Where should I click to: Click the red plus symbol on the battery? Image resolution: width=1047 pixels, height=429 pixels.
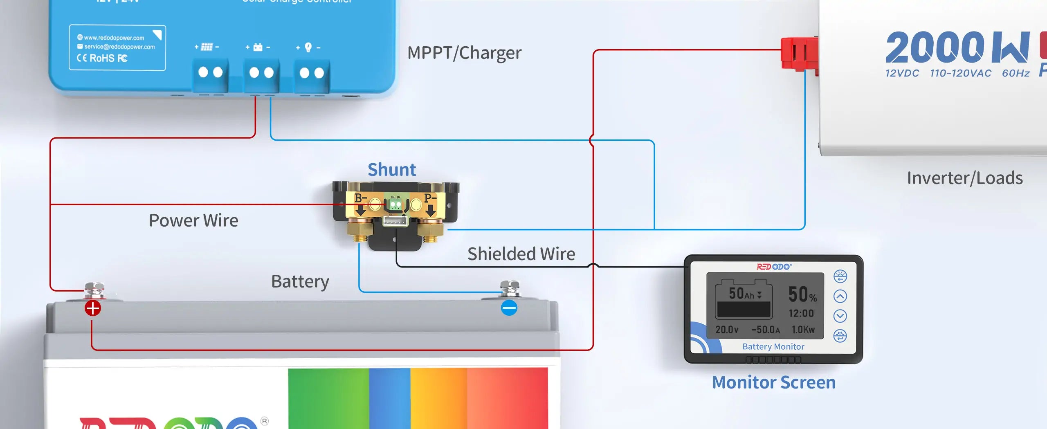click(93, 308)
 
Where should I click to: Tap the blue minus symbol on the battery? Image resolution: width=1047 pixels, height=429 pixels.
click(509, 308)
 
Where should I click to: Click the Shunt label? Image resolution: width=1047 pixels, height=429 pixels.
click(391, 170)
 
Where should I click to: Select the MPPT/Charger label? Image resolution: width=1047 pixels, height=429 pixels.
click(464, 53)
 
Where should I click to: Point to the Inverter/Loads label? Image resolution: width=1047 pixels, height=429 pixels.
click(965, 178)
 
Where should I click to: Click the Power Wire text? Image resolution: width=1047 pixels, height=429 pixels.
click(193, 221)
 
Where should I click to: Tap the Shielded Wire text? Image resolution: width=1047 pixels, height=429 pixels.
click(521, 254)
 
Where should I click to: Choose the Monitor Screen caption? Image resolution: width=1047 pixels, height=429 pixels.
click(773, 382)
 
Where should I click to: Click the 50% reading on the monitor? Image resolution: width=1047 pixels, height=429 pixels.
click(802, 294)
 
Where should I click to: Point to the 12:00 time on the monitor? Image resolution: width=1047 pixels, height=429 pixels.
click(801, 313)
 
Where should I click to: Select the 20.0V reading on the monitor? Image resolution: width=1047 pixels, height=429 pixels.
click(727, 330)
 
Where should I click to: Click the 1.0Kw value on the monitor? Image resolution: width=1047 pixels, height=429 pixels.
click(803, 330)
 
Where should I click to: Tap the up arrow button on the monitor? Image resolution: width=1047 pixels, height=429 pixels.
click(840, 296)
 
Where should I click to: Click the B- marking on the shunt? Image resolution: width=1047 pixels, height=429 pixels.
click(360, 199)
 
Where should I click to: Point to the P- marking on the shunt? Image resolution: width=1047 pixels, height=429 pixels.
click(430, 199)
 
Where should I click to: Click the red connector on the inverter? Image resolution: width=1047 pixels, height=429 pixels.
click(799, 54)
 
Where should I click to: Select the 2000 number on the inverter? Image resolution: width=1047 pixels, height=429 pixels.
click(935, 47)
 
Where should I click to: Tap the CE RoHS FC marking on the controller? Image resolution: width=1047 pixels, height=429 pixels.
click(102, 58)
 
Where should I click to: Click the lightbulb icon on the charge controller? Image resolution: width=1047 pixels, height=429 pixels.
click(308, 47)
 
